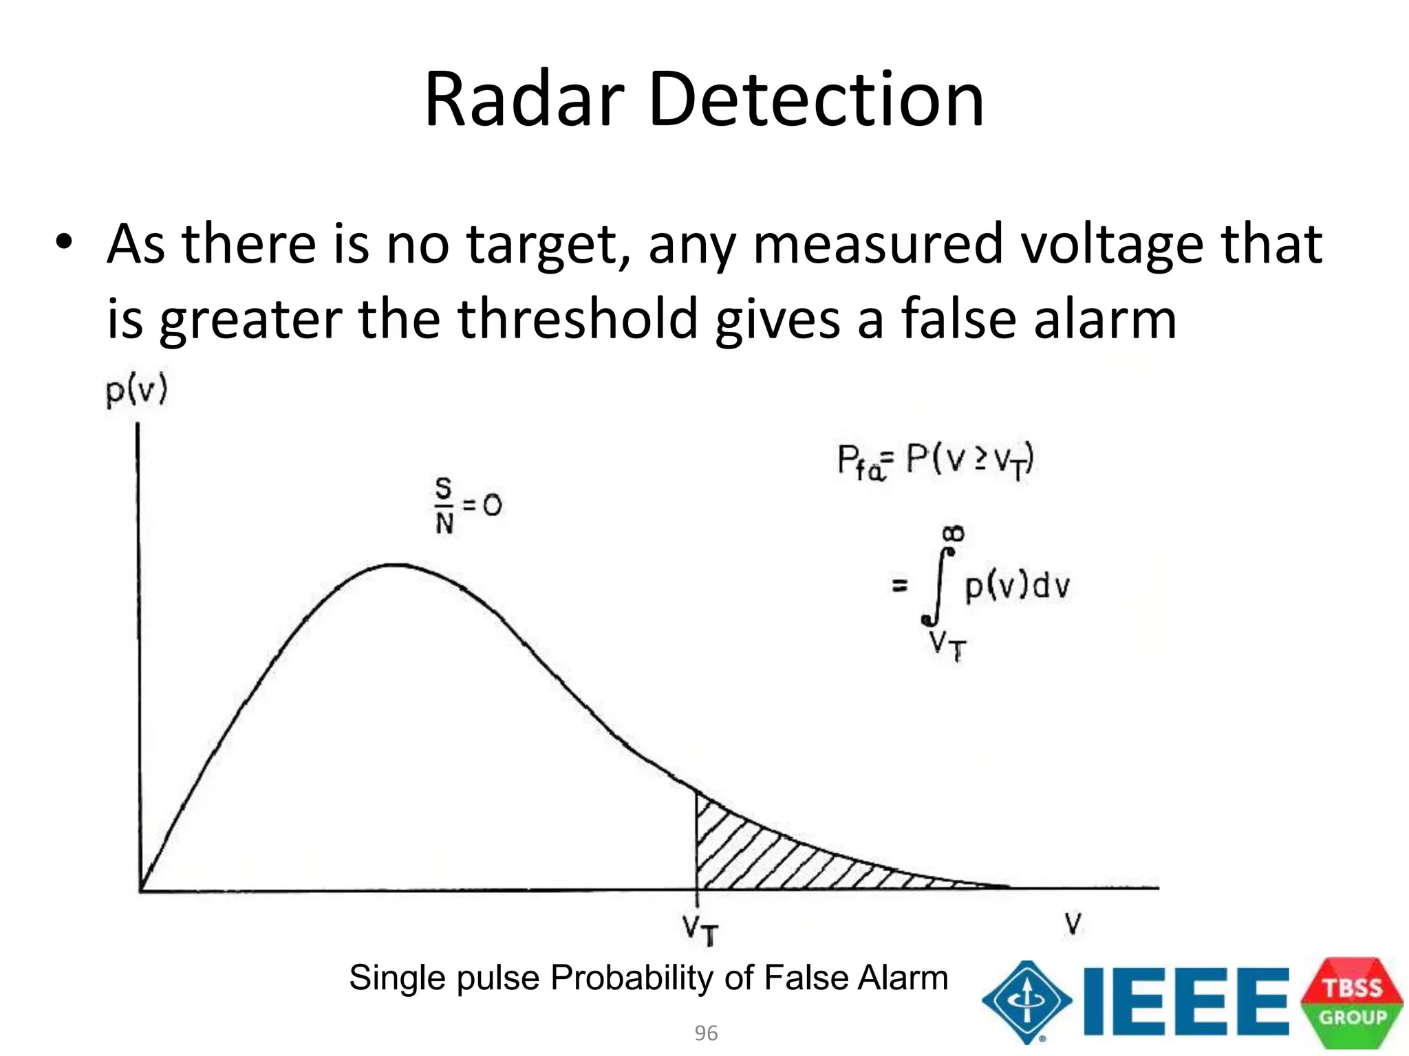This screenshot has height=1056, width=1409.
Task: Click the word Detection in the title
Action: click(x=816, y=100)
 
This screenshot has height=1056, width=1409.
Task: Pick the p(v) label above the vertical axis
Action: click(x=136, y=393)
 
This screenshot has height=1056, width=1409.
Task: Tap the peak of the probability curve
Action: click(x=396, y=565)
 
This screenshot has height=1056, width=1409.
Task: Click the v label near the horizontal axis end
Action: click(x=1073, y=923)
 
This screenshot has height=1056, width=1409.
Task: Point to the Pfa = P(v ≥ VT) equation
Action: click(x=935, y=461)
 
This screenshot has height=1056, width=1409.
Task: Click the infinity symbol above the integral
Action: click(x=954, y=533)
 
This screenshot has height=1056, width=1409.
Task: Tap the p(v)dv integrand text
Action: click(x=1017, y=586)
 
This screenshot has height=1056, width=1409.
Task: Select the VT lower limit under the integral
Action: click(x=947, y=645)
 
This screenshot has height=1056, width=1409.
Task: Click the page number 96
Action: click(x=706, y=1033)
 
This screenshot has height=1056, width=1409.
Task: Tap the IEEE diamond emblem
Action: click(x=1026, y=1002)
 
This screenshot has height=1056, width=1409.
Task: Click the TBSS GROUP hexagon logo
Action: click(x=1352, y=1002)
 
